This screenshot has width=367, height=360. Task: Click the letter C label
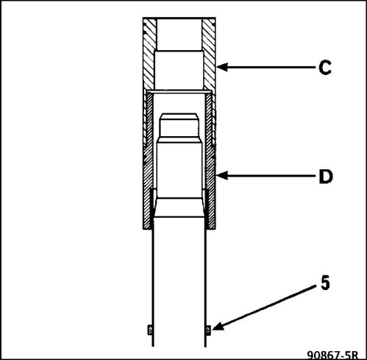325,67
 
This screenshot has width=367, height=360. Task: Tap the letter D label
326,177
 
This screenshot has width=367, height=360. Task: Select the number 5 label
325,283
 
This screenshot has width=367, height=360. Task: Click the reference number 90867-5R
332,356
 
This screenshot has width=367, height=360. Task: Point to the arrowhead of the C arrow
222,67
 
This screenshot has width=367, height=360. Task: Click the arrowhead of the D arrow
222,176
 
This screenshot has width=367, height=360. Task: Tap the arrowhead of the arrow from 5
218,326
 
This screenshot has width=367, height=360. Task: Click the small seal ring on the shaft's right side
208,330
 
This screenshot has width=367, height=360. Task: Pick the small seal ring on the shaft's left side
150,330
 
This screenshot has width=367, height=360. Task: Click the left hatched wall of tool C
149,54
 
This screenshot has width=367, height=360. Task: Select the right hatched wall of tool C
209,54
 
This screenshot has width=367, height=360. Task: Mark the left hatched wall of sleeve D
148,160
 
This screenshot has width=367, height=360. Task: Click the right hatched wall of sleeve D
210,160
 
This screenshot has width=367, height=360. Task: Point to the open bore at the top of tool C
179,35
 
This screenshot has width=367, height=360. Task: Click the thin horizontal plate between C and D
179,91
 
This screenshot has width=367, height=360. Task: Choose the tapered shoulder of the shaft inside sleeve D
179,208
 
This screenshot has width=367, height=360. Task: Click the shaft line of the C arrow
271,67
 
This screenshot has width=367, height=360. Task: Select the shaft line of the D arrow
271,176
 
